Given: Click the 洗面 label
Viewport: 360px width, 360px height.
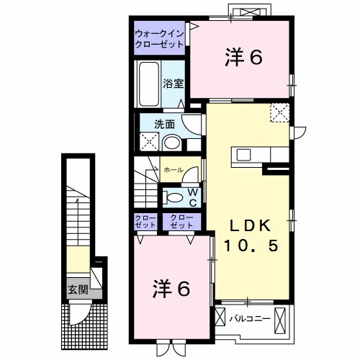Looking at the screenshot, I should [165, 124].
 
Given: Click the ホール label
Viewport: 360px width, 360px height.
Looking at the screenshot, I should [172, 171].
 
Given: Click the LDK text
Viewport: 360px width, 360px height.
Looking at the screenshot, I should [247, 222].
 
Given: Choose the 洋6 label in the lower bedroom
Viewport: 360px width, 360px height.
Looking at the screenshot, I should [171, 289].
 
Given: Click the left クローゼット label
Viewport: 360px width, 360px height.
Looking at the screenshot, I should [146, 221].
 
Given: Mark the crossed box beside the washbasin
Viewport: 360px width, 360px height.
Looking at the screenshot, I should [149, 142].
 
